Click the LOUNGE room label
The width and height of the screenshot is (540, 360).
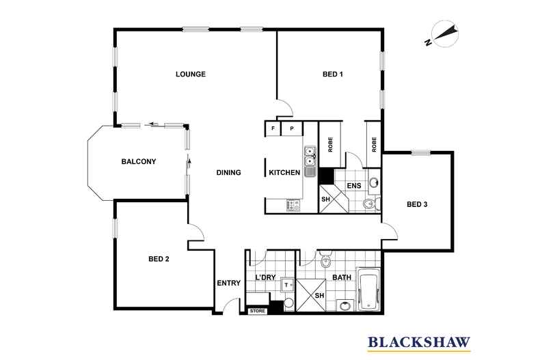click(190, 74)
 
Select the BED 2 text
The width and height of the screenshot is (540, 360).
click(159, 258)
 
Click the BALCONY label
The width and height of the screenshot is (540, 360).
click(139, 162)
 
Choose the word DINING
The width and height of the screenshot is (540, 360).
click(228, 173)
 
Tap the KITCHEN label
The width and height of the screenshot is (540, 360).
click(284, 173)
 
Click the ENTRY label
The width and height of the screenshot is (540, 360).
click(228, 283)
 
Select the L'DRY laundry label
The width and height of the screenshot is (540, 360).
click(265, 277)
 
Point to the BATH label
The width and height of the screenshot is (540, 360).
click(341, 277)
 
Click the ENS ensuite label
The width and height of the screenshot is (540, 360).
click(353, 184)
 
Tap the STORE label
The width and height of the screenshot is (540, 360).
click(258, 311)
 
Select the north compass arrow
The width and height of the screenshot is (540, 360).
click(444, 34)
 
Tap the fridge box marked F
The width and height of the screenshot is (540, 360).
click(273, 128)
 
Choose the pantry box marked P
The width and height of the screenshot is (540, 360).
click(292, 128)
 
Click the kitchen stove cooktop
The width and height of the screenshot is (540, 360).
click(294, 204)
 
